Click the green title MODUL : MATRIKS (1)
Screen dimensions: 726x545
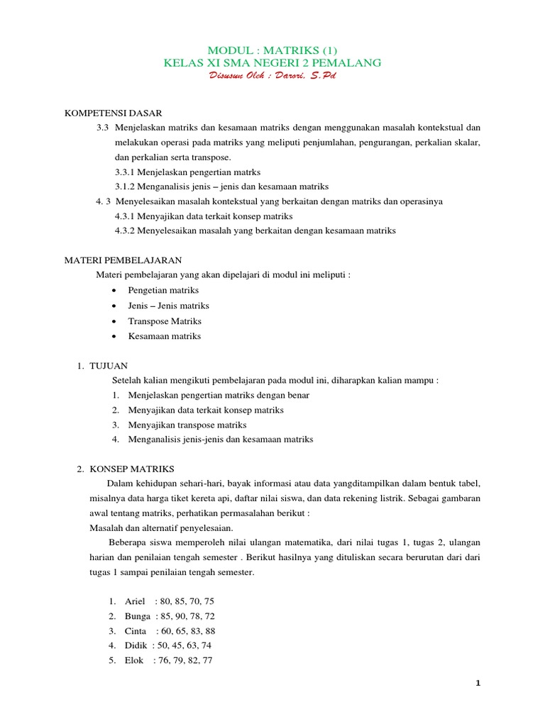tap(272, 50)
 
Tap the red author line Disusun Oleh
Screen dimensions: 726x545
tap(272, 76)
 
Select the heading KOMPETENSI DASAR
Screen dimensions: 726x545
tap(114, 113)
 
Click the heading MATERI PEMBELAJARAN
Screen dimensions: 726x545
tap(123, 260)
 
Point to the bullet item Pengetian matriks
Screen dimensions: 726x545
tap(163, 290)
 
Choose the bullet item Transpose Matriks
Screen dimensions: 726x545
tap(165, 321)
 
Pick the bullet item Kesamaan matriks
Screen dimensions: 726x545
tap(164, 336)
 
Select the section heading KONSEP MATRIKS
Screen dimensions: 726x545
tap(136, 469)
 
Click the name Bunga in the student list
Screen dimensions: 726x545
tap(138, 616)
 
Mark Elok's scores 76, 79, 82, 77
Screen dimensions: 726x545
tap(184, 661)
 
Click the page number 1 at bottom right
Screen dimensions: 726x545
tap(478, 683)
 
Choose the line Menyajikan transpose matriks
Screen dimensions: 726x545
tap(187, 425)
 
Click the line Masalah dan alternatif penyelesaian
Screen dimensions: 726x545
tap(160, 528)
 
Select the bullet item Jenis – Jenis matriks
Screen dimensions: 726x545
tap(168, 306)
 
